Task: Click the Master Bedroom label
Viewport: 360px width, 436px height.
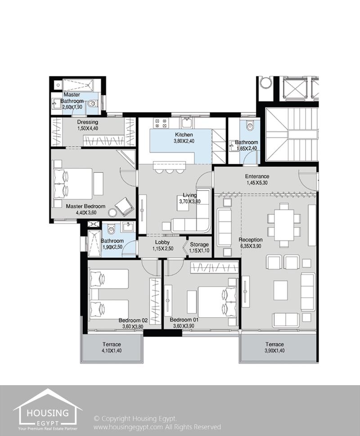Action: (85, 206)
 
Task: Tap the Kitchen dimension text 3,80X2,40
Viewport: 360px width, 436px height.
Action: (184, 141)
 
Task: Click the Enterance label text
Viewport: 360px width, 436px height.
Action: (257, 176)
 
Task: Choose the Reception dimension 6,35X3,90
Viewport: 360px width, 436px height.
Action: (251, 246)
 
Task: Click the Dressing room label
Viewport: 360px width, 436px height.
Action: (87, 122)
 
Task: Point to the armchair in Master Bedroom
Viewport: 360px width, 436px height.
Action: (124, 206)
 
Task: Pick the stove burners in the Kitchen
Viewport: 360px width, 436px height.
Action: (161, 122)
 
